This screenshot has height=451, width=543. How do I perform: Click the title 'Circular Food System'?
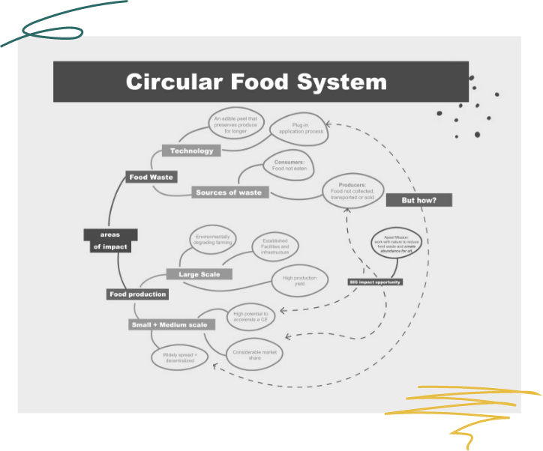point(256,82)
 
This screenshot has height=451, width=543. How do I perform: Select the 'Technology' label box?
point(191,151)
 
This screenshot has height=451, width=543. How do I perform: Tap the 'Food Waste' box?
point(151,178)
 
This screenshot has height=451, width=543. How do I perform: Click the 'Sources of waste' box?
point(229,193)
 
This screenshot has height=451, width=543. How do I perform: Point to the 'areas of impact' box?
point(109,240)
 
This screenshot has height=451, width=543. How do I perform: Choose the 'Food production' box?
point(137,294)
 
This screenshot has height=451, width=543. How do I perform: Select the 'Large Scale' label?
point(199,274)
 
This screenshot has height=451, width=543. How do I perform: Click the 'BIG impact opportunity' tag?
point(375,282)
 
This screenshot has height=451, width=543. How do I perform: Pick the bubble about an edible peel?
point(235,124)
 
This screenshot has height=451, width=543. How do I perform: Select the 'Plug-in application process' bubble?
point(301,128)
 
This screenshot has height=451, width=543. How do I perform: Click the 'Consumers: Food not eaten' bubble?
point(289,166)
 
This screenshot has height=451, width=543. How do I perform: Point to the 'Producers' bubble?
point(352,193)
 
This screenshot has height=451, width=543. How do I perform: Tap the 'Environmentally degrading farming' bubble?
point(212,239)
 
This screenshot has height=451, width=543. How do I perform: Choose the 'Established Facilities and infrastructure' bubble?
point(274,246)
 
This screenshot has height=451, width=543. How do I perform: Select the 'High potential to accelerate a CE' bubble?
point(250,318)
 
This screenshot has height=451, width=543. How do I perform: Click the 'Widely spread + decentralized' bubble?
point(180,357)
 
